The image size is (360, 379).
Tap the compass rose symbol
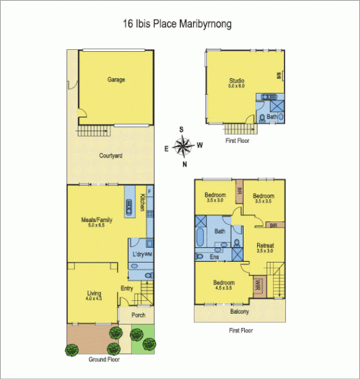[182, 145]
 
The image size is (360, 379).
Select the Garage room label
[116, 79]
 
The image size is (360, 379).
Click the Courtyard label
[110, 156]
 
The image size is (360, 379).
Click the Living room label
[94, 295]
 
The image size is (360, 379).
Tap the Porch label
[128, 314]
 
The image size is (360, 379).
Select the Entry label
[127, 289]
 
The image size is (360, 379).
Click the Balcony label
[239, 312]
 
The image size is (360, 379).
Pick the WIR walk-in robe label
[257, 285]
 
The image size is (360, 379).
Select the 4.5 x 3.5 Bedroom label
[224, 285]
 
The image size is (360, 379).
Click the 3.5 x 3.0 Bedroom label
[216, 197]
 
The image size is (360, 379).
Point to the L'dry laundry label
[140, 254]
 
